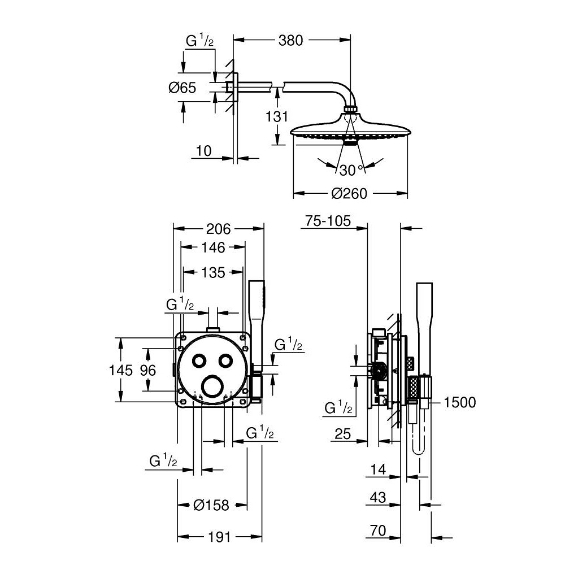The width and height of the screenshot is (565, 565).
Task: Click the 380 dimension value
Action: pyautogui.click(x=290, y=40)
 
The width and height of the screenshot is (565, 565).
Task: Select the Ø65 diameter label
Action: pyautogui.click(x=182, y=88)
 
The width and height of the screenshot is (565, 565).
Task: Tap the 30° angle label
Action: pyautogui.click(x=351, y=169)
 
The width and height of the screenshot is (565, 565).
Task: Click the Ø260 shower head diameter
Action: pyautogui.click(x=349, y=194)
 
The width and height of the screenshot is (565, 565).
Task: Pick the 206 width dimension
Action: pyautogui.click(x=218, y=229)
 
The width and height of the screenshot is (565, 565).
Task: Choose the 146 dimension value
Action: pyautogui.click(x=212, y=247)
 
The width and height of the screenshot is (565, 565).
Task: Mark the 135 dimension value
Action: pyautogui.click(x=213, y=273)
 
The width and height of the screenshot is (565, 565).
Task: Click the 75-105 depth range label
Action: pyautogui.click(x=328, y=221)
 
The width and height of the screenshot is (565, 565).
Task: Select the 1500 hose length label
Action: pyautogui.click(x=460, y=402)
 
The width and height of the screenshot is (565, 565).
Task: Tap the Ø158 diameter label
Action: pyautogui.click(x=211, y=505)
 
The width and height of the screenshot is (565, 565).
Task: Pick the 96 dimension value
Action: pyautogui.click(x=147, y=370)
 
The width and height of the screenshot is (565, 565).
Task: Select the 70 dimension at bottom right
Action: pyautogui.click(x=379, y=531)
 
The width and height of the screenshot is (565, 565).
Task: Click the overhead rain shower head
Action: pyautogui.click(x=349, y=129)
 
